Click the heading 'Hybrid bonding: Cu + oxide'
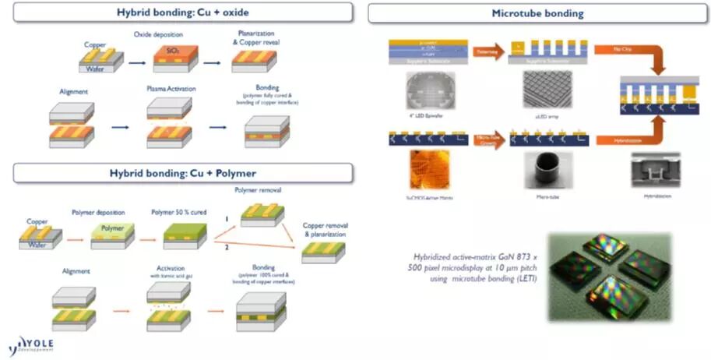(182, 13)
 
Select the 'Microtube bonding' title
(537, 13)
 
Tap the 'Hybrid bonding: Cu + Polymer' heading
(183, 171)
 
